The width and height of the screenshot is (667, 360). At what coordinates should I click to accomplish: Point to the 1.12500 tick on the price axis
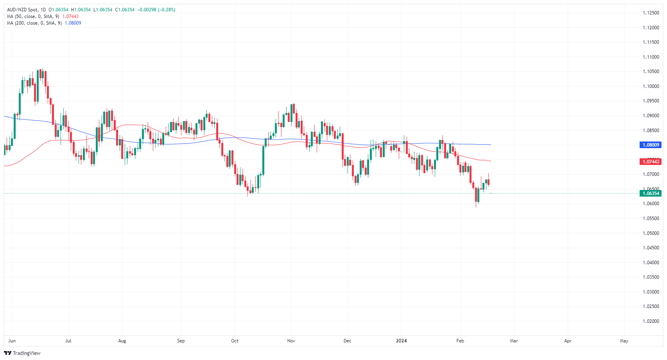coord(651,13)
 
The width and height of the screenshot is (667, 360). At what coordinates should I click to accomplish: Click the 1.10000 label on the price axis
coord(651,86)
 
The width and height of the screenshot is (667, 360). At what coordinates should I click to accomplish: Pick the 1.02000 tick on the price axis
coord(651,321)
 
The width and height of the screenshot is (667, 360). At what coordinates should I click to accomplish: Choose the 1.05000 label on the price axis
coord(651,233)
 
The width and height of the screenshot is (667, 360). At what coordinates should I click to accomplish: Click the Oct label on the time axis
coord(235,341)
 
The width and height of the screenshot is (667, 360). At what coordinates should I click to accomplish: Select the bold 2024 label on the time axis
coord(401,341)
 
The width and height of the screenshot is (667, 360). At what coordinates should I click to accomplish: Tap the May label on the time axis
coord(624,341)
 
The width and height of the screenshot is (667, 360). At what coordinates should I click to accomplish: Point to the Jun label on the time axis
coord(12,341)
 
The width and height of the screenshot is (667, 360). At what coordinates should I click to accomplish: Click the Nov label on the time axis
coord(291,341)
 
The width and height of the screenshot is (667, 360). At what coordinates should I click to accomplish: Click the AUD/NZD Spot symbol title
coord(23,10)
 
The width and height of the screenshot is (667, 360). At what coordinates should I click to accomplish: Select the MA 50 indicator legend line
coord(33,16)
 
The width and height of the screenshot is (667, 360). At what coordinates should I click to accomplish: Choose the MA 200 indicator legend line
coord(34,23)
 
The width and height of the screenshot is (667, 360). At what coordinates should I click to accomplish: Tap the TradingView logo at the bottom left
coord(22,353)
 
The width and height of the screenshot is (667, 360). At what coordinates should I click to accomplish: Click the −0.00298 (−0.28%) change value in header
coord(156,10)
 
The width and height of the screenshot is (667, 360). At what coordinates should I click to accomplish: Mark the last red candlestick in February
coord(488,182)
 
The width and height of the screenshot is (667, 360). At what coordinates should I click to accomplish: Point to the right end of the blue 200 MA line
coord(490,145)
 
